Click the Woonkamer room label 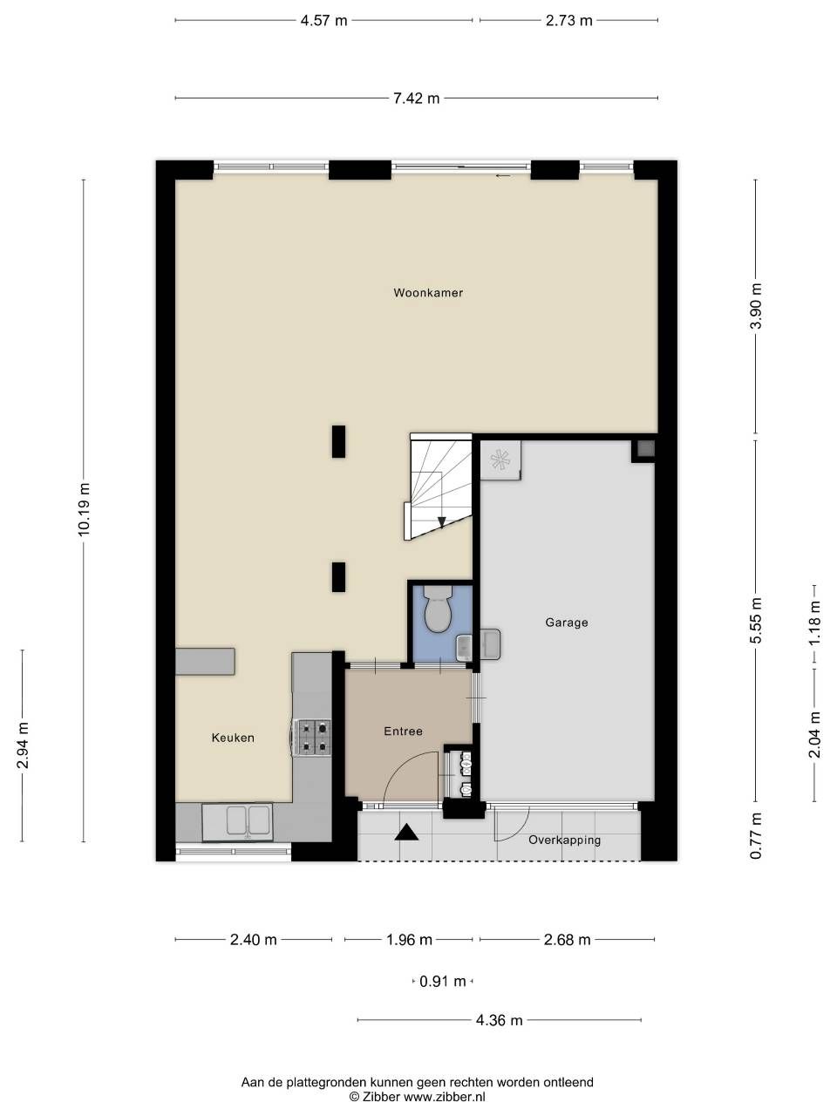pos(427,293)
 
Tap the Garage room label pos(566,623)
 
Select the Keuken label pos(233,738)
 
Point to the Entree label pos(403,732)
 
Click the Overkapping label pos(564,840)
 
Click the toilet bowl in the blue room pos(436,611)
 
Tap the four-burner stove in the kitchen pos(313,736)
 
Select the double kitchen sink pos(236,821)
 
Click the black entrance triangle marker pos(406,833)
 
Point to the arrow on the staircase pos(441,521)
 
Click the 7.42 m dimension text pos(416,99)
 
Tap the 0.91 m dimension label pos(442,982)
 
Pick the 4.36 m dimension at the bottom pos(499,1020)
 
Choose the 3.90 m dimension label pos(756,306)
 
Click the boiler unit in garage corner pos(501,459)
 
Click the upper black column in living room pos(338,441)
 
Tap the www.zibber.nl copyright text pos(417,1097)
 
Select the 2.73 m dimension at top pos(568,21)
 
